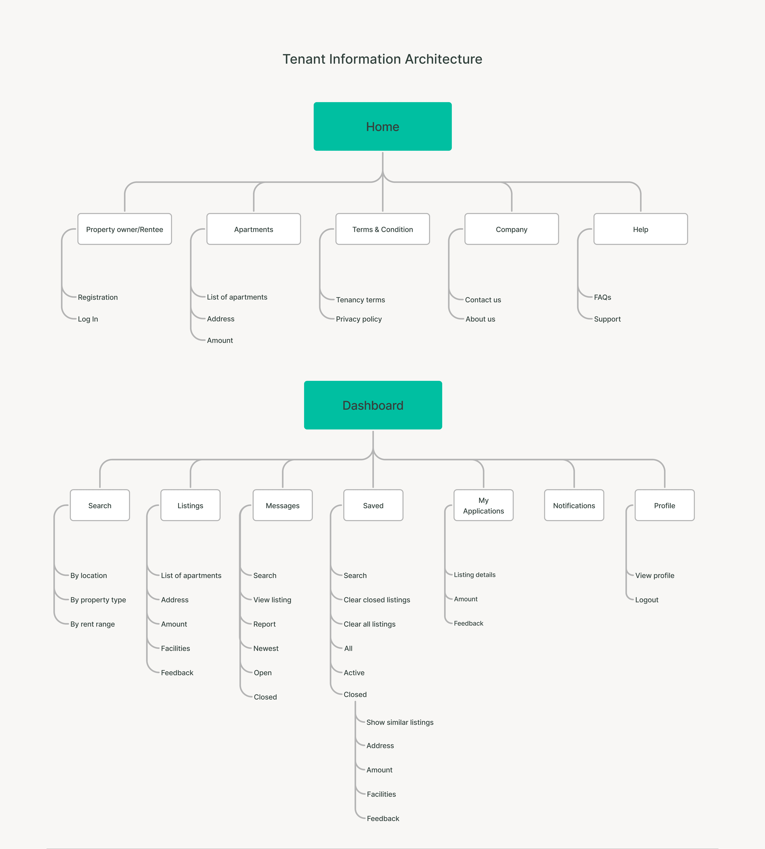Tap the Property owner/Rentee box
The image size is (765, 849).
point(124,229)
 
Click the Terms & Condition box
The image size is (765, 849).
point(382,229)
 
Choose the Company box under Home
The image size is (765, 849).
point(512,229)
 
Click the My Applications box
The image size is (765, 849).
point(483,506)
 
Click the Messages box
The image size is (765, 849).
point(282,506)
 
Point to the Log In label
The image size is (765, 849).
point(88,319)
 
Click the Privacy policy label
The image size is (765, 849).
point(359,319)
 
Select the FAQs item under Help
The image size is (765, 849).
point(602,297)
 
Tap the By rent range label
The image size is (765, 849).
point(92,624)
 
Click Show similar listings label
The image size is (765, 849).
point(400,722)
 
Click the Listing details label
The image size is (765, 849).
point(475,575)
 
